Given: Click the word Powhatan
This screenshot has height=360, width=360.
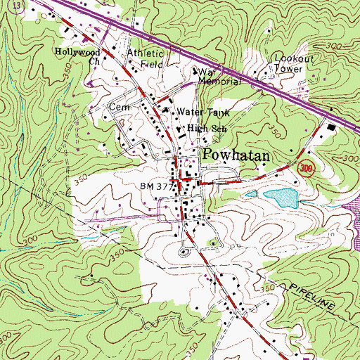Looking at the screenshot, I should click(x=237, y=155).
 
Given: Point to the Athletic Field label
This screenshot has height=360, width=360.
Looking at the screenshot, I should click(x=146, y=58).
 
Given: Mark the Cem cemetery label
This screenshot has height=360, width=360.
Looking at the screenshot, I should click(x=115, y=107).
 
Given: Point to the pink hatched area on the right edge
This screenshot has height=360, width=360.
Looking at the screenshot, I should click(x=353, y=211).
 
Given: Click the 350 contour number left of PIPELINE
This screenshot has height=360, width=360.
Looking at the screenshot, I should click(x=267, y=289).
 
